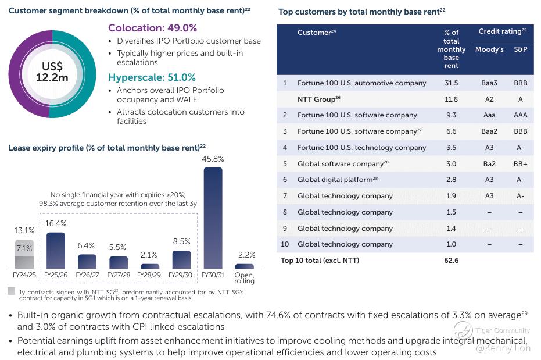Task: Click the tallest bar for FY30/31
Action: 213,218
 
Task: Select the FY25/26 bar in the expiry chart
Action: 55,250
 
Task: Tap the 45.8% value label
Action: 213,158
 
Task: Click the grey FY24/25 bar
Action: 24,254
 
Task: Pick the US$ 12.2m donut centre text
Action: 52,72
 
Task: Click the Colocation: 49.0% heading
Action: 152,28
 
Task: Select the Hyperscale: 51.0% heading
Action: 152,77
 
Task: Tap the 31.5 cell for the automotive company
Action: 451,83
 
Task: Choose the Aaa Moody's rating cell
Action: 489,115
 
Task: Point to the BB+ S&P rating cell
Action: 520,164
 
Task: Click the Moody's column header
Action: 489,49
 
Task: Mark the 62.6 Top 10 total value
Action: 451,261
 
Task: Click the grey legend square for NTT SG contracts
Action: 12,291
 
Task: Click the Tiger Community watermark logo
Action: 463,330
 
